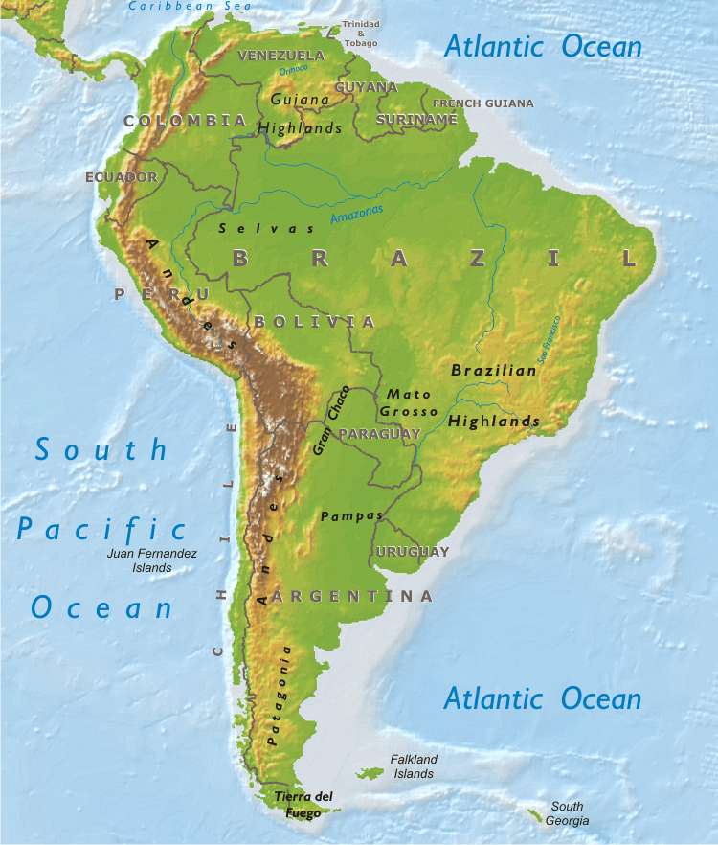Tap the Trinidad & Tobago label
361,33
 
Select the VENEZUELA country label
280,56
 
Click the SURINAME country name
416,120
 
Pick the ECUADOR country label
121,177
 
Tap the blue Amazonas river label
357,215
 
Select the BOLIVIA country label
314,321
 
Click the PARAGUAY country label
380,435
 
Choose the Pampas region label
351,515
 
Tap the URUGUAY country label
413,552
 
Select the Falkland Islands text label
414,766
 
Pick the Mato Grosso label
409,402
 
